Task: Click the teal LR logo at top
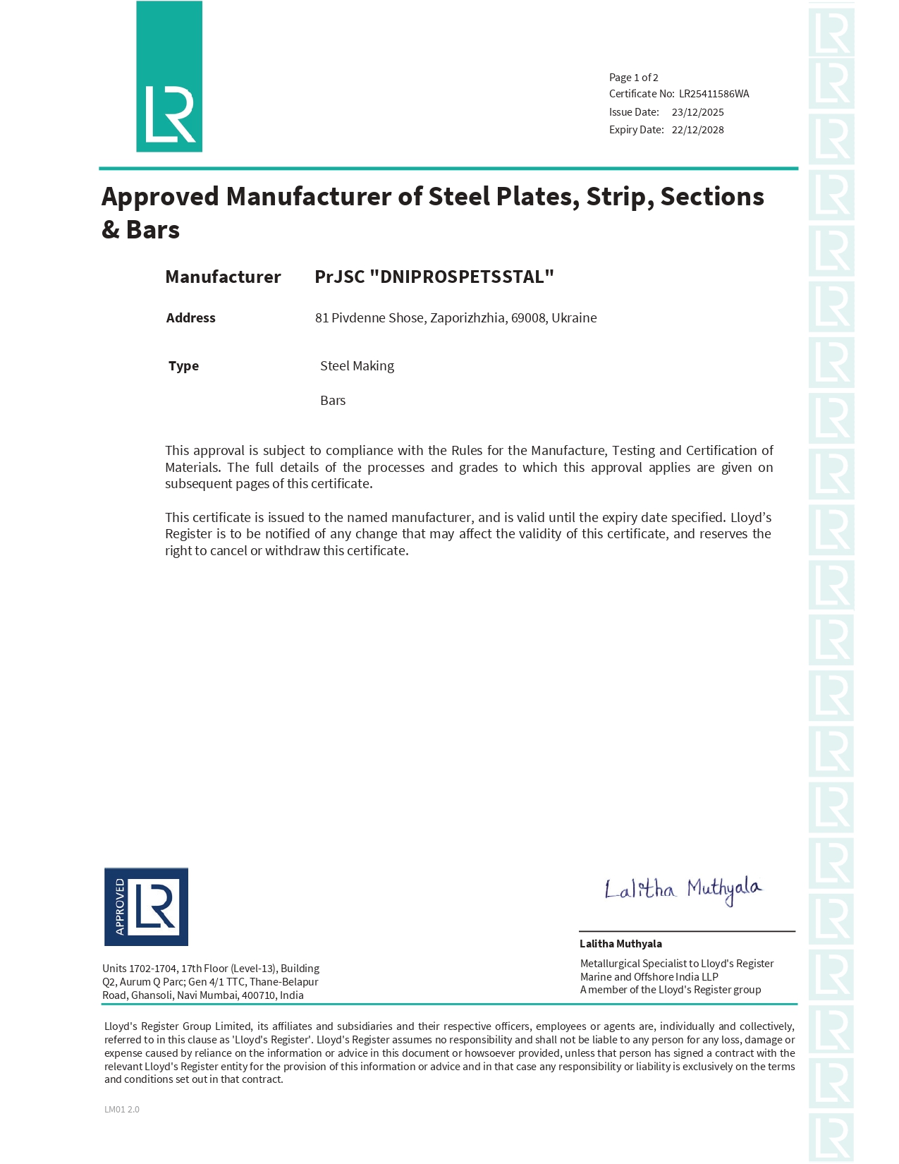click(169, 77)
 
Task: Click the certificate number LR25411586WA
click(714, 94)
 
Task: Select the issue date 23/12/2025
click(697, 112)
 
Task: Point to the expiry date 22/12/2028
click(697, 130)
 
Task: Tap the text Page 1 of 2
click(633, 78)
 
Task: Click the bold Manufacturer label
click(223, 277)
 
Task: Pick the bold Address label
click(190, 318)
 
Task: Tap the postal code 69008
click(528, 318)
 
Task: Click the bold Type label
click(183, 366)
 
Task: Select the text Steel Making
click(357, 366)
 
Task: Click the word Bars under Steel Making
click(333, 401)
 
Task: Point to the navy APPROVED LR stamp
click(146, 907)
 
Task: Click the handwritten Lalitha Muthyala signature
click(683, 890)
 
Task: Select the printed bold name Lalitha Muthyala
click(620, 944)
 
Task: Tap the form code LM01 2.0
click(122, 1110)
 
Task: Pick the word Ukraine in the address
click(574, 318)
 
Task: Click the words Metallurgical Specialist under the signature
click(633, 964)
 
